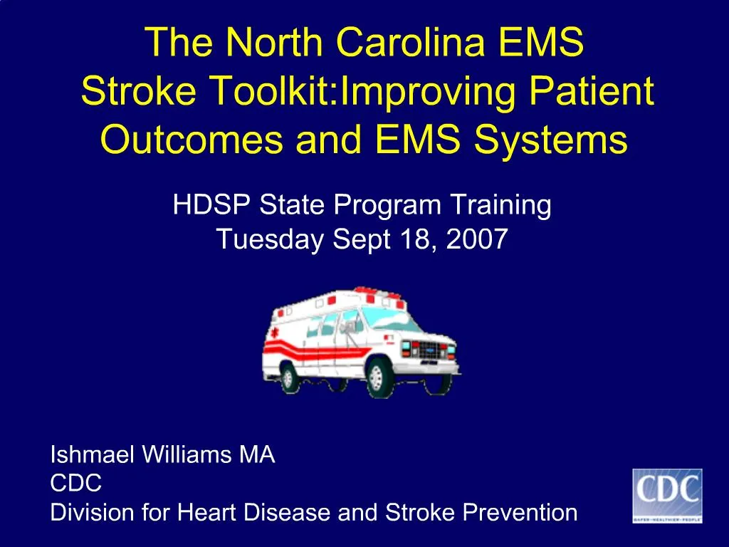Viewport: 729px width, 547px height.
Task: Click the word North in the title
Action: pyautogui.click(x=267, y=43)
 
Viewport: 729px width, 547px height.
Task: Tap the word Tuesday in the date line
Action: pyautogui.click(x=271, y=239)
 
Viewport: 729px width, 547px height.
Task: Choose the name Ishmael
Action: pyautogui.click(x=90, y=455)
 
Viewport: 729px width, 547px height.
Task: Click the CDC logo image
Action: pyautogui.click(x=667, y=496)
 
